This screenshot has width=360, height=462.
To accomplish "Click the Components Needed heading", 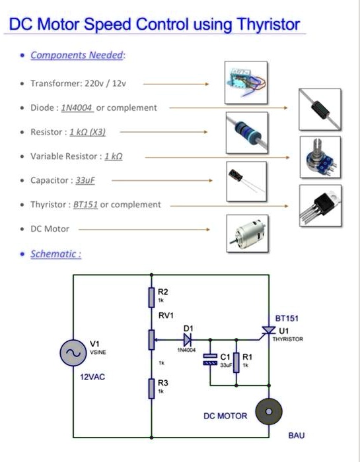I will tap(77, 55).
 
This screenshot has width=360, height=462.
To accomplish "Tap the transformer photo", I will tap(245, 82).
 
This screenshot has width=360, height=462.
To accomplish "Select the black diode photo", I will tap(320, 108).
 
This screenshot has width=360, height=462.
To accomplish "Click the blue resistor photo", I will tap(245, 131).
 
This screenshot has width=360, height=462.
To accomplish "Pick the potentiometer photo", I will tap(320, 156).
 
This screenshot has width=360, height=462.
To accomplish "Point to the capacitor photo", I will tap(245, 180).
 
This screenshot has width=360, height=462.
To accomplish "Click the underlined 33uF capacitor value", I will tap(85, 180).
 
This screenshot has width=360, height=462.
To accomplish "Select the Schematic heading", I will tap(55, 253).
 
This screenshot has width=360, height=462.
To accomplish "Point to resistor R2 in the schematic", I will tap(151, 297).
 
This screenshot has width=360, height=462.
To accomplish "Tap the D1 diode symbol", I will tap(188, 340).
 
